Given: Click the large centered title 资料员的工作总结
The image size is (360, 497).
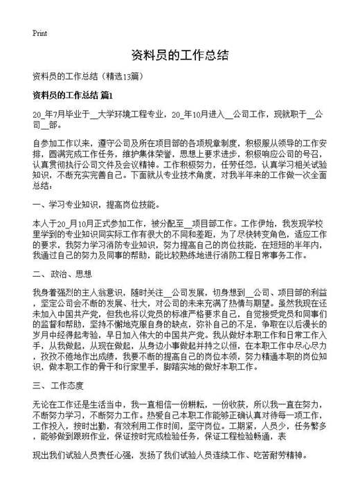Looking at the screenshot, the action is click(x=179, y=56).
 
